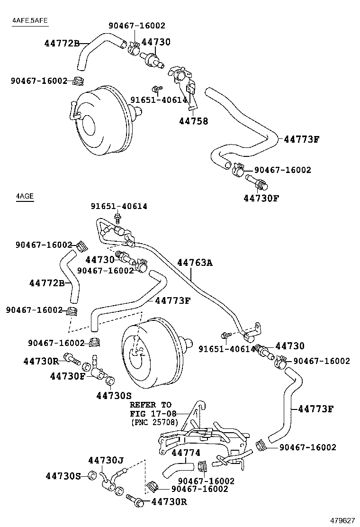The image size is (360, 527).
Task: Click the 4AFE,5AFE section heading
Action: (x=30, y=20)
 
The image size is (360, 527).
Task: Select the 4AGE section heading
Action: (x=24, y=196)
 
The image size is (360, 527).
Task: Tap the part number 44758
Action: (x=193, y=121)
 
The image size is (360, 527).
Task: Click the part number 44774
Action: (x=186, y=453)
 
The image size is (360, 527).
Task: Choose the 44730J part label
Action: (x=106, y=460)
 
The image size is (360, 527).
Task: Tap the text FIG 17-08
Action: (x=151, y=413)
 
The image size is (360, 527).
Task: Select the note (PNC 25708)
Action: (x=154, y=422)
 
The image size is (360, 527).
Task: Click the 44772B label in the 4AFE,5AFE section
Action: (x=62, y=43)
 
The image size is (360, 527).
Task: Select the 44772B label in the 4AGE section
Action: (x=46, y=283)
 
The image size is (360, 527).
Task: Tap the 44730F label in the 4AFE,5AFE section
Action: (x=261, y=198)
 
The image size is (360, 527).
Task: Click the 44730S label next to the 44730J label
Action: (x=63, y=475)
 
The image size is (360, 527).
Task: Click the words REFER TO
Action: (x=151, y=405)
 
